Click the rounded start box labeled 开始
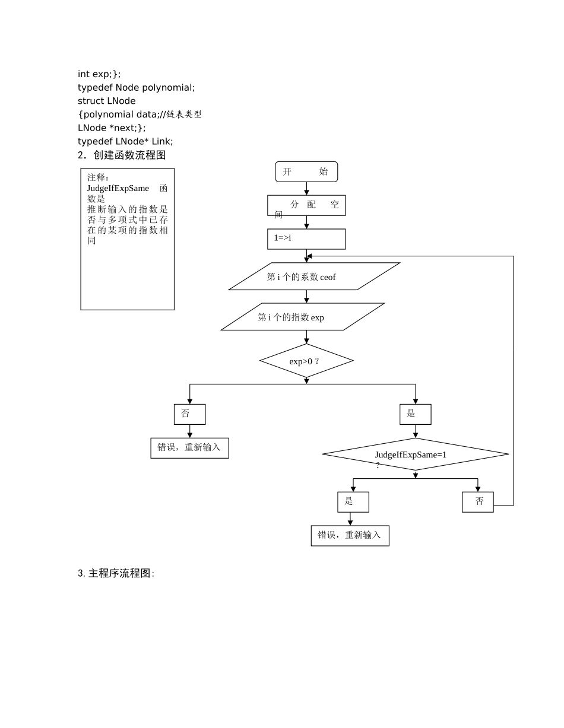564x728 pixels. click(x=306, y=171)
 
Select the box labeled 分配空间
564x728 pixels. click(x=306, y=205)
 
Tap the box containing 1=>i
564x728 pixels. click(x=306, y=239)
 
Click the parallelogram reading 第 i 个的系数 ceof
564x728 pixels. click(x=315, y=276)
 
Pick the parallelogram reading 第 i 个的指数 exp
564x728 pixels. click(x=303, y=317)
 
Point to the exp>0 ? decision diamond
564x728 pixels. click(x=306, y=361)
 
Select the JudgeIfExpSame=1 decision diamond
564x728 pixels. click(x=415, y=454)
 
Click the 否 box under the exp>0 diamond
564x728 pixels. click(x=189, y=414)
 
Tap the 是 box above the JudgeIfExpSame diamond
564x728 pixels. click(x=415, y=414)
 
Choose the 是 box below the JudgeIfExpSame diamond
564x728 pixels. click(x=353, y=502)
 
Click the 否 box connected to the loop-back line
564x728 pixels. click(x=477, y=502)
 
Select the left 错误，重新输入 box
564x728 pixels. click(x=189, y=448)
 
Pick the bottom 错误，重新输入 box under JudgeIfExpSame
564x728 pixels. click(x=350, y=535)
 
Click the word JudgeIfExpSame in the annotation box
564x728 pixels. click(x=118, y=188)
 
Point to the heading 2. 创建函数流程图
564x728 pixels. click(x=121, y=155)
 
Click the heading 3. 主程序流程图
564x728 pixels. click(x=116, y=574)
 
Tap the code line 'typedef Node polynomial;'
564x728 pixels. click(x=136, y=87)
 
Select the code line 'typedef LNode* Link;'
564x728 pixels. click(x=125, y=141)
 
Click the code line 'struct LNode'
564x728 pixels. click(x=107, y=101)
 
